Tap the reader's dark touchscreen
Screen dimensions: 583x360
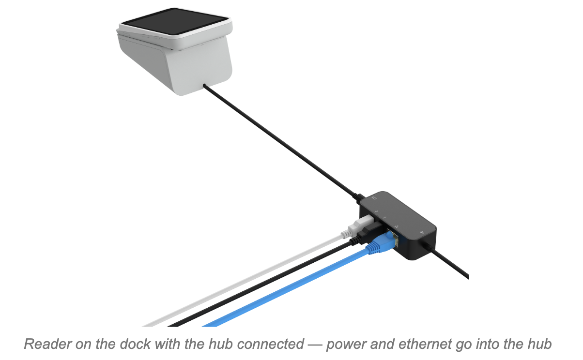pyautogui.click(x=175, y=21)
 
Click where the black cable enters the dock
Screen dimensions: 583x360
pyautogui.click(x=204, y=85)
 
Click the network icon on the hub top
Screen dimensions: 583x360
pyautogui.click(x=397, y=226)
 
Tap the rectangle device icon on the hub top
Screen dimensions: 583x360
pyautogui.click(x=374, y=198)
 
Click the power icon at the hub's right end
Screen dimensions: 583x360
pyautogui.click(x=422, y=232)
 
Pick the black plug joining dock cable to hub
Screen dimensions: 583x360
pyautogui.click(x=359, y=198)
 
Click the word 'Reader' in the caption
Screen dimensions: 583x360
pyautogui.click(x=48, y=344)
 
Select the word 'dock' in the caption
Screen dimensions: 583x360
pyautogui.click(x=135, y=344)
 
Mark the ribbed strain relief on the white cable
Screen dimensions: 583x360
pyautogui.click(x=345, y=234)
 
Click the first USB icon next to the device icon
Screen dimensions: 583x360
pyautogui.click(x=376, y=212)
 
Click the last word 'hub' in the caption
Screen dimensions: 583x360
pyautogui.click(x=540, y=344)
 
